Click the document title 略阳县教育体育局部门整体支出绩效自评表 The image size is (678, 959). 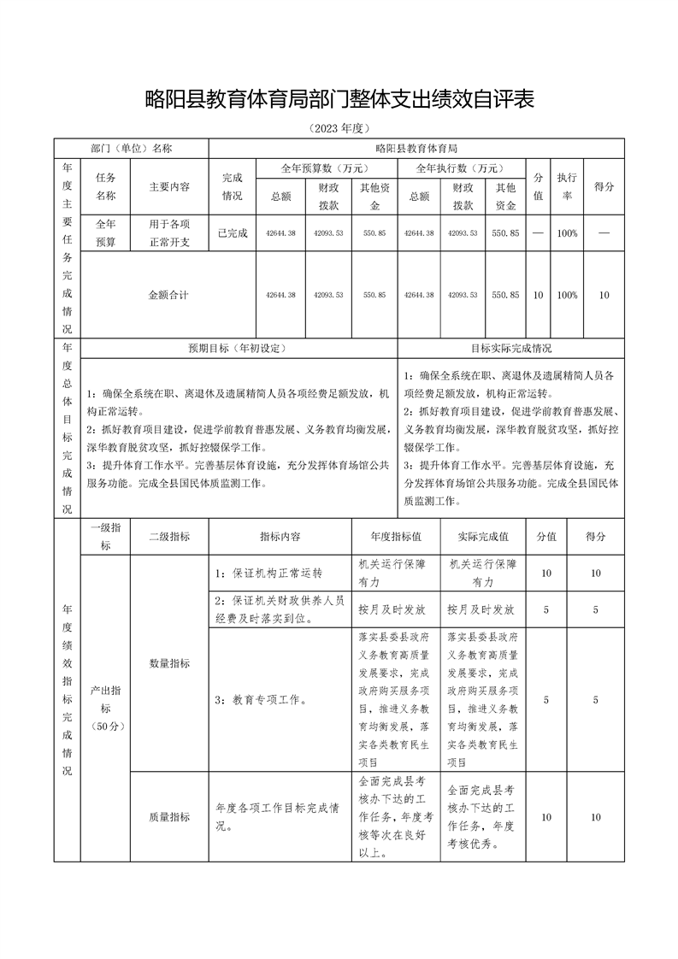(339, 100)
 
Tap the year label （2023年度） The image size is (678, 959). (339, 128)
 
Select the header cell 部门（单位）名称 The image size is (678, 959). (132, 148)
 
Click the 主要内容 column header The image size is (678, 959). (169, 186)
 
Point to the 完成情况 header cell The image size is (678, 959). (233, 186)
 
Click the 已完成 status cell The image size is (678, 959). (233, 232)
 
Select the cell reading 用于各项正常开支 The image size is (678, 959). (169, 232)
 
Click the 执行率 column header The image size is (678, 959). (566, 186)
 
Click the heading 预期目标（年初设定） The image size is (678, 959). (237, 349)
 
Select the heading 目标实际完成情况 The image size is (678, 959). (511, 349)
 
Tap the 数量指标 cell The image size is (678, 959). (169, 662)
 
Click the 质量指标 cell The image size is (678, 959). (169, 817)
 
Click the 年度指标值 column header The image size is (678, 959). (396, 537)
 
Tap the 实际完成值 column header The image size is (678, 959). (483, 537)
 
